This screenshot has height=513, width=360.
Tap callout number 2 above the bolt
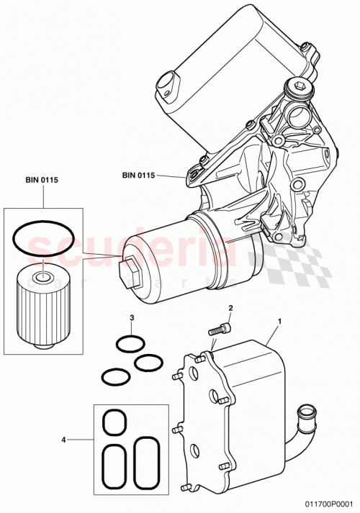(x=230, y=309)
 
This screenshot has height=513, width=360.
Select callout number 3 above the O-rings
(x=132, y=317)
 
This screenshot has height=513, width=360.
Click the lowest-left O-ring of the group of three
(x=114, y=376)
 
